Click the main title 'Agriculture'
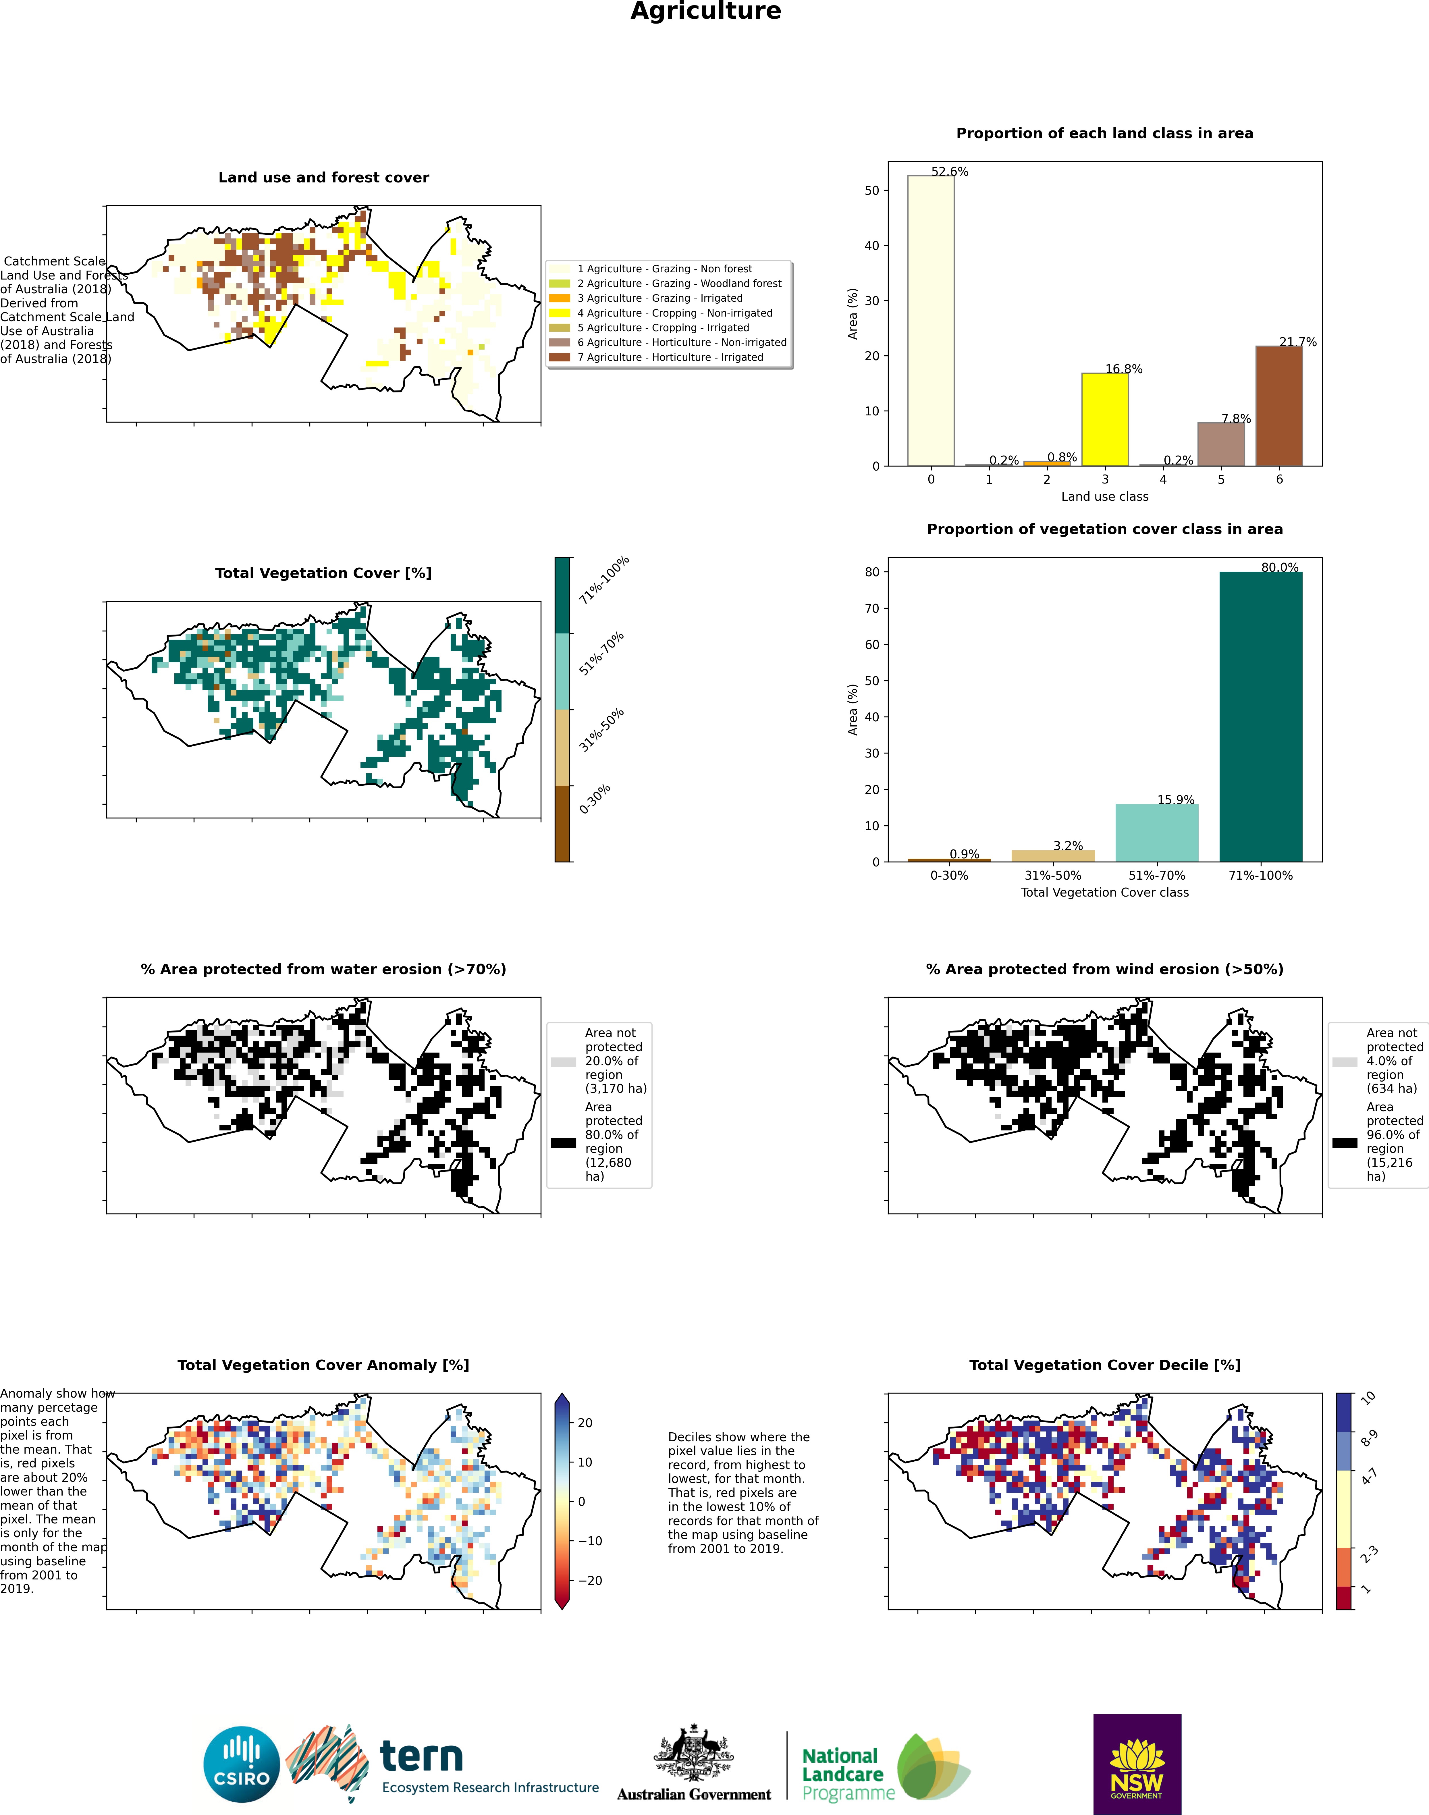[x=705, y=12]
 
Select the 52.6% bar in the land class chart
[x=930, y=321]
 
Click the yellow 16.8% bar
[x=1104, y=419]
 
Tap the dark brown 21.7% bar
[x=1278, y=406]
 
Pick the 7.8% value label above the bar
[x=1236, y=418]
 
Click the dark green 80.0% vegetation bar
[x=1260, y=716]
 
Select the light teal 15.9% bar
[x=1156, y=833]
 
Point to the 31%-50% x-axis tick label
[x=1052, y=875]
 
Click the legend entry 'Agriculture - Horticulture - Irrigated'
[x=670, y=357]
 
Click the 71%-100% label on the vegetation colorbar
[x=603, y=580]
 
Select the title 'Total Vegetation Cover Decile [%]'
[x=1104, y=1365]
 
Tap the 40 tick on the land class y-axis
[x=872, y=245]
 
